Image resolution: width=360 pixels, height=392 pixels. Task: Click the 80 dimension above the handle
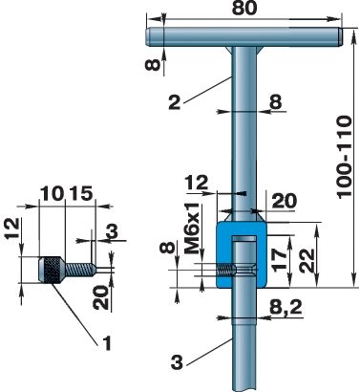click(x=244, y=8)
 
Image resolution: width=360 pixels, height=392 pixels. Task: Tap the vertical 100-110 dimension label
click(x=345, y=157)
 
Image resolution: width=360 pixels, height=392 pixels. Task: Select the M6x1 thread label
click(x=192, y=229)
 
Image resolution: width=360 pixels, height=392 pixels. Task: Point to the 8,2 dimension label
click(x=286, y=308)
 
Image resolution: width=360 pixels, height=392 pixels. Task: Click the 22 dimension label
click(x=307, y=260)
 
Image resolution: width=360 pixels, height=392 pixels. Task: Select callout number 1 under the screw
click(x=107, y=343)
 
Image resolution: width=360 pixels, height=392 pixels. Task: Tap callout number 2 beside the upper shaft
click(x=175, y=102)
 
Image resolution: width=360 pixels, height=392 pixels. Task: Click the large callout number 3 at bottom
click(x=177, y=361)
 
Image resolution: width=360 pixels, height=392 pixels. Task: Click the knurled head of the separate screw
click(x=52, y=270)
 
